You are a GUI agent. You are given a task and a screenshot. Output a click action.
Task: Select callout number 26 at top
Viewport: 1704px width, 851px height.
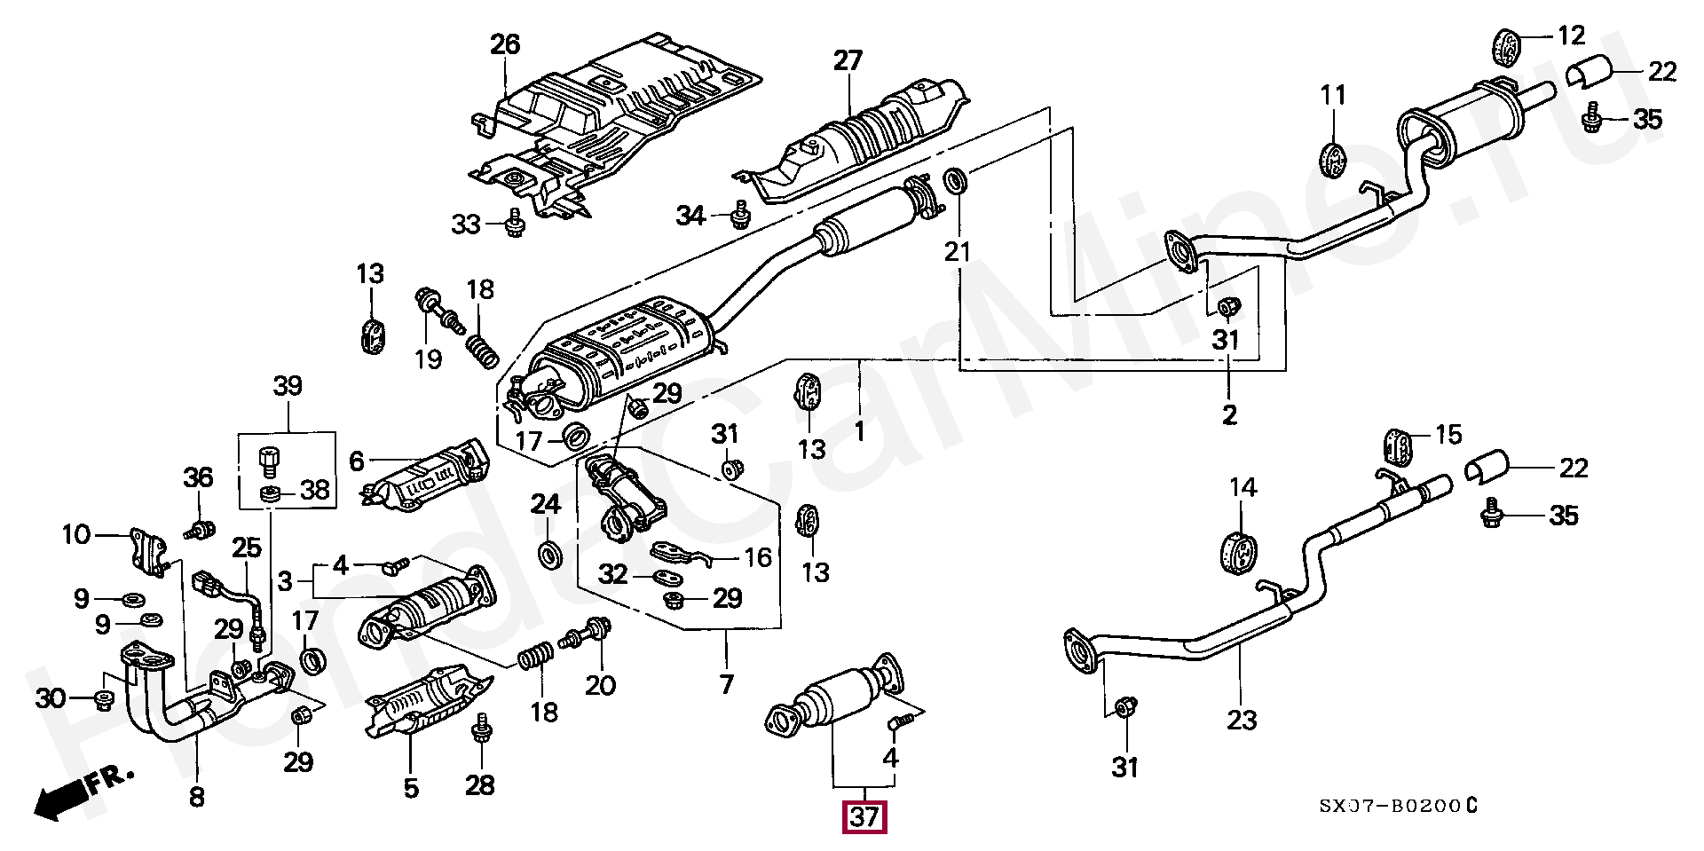click(x=505, y=44)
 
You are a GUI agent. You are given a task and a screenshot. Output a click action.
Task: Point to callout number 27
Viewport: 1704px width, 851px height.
click(x=848, y=60)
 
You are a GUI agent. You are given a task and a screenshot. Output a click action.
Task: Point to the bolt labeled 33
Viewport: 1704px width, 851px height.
click(x=513, y=224)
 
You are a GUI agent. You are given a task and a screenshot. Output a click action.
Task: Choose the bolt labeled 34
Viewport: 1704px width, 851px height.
click(x=739, y=214)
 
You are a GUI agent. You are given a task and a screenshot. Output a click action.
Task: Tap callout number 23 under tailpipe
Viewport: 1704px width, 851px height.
click(x=1242, y=719)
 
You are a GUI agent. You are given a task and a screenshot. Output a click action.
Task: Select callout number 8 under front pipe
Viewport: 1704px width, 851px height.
click(x=196, y=796)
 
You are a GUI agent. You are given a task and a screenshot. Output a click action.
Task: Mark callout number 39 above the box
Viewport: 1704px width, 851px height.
click(x=287, y=386)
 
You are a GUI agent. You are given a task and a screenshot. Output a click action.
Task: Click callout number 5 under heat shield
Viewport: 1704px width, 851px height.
click(x=410, y=788)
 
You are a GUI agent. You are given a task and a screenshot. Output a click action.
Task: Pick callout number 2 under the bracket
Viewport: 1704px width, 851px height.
click(x=1228, y=414)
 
